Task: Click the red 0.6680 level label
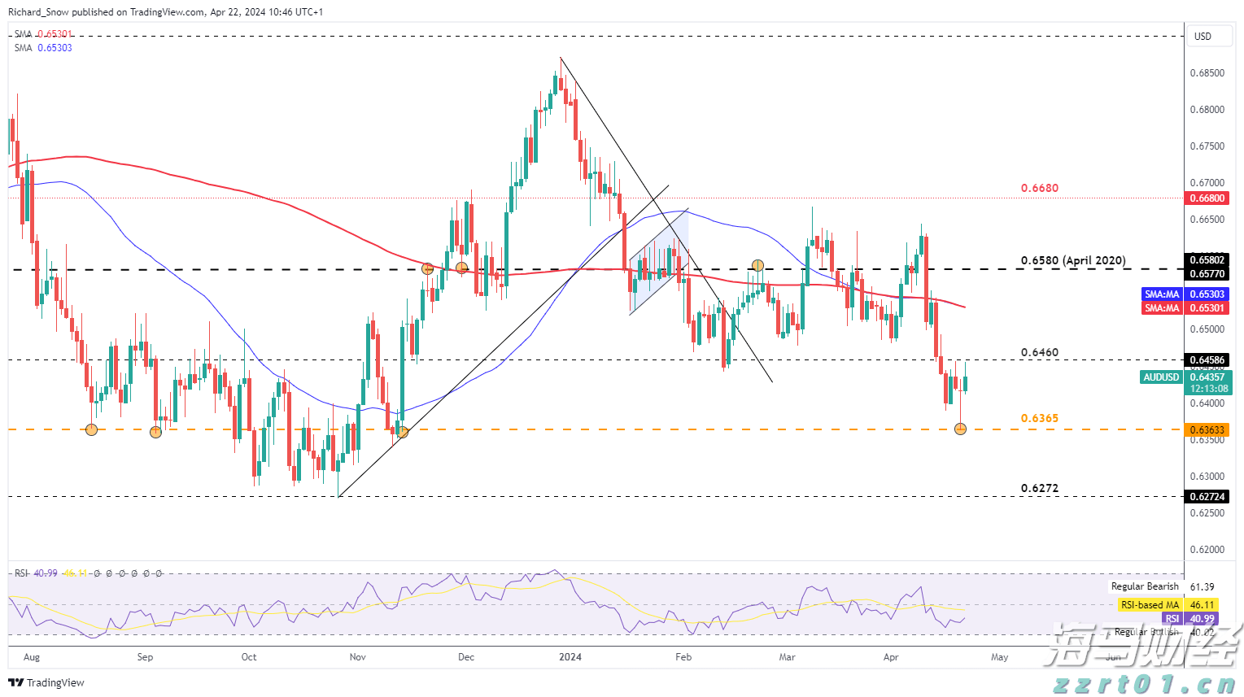click(x=1039, y=189)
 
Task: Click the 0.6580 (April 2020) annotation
click(x=1073, y=261)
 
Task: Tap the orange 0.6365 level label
click(x=1039, y=419)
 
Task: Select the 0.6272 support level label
click(x=1039, y=489)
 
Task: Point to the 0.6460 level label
click(x=1039, y=353)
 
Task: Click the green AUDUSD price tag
click(x=1161, y=377)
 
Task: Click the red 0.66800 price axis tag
click(x=1207, y=198)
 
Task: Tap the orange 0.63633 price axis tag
click(x=1207, y=430)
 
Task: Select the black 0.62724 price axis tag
click(x=1207, y=497)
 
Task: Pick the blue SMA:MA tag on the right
click(x=1162, y=294)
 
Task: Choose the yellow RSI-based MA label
click(x=1149, y=605)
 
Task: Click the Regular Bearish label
click(x=1145, y=586)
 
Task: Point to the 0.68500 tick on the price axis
click(x=1207, y=73)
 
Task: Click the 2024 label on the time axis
click(x=570, y=657)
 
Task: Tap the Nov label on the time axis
click(x=357, y=657)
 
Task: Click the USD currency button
click(x=1203, y=37)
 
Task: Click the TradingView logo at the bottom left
click(x=46, y=683)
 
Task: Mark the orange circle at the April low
click(x=960, y=429)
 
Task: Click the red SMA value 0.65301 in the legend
click(x=55, y=34)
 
